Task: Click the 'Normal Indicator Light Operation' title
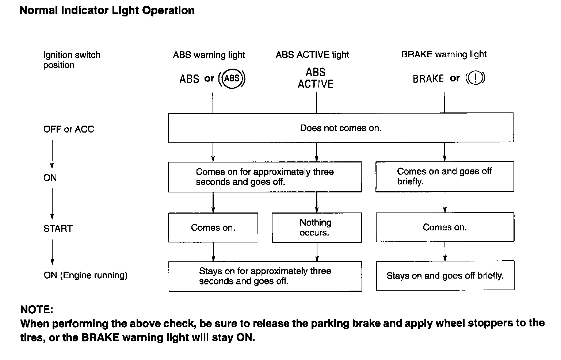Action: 107,11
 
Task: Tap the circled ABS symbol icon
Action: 232,78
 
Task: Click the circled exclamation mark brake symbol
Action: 475,78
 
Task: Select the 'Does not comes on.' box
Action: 341,128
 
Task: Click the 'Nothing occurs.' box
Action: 317,227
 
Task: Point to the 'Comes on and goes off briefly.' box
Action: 444,176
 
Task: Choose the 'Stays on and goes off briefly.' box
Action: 445,275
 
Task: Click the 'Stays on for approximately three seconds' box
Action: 265,276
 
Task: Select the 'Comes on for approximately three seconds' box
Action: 265,177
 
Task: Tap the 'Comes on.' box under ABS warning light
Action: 213,227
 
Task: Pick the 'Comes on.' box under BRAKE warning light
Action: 445,227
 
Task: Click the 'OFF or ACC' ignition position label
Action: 69,129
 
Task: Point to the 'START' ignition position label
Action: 58,229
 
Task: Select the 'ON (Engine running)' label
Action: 85,275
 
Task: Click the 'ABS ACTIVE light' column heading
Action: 312,55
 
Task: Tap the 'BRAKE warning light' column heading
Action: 444,54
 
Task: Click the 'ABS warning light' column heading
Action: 209,55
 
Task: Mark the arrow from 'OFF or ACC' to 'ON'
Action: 52,154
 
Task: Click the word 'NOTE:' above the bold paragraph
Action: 37,310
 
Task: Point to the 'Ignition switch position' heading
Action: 72,60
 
